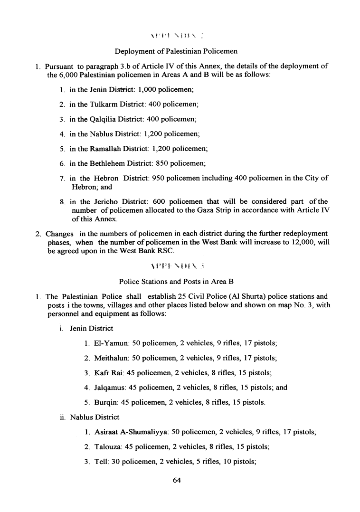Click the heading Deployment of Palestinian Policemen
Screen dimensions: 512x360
[176, 51]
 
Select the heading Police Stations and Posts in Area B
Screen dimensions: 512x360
[176, 282]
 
